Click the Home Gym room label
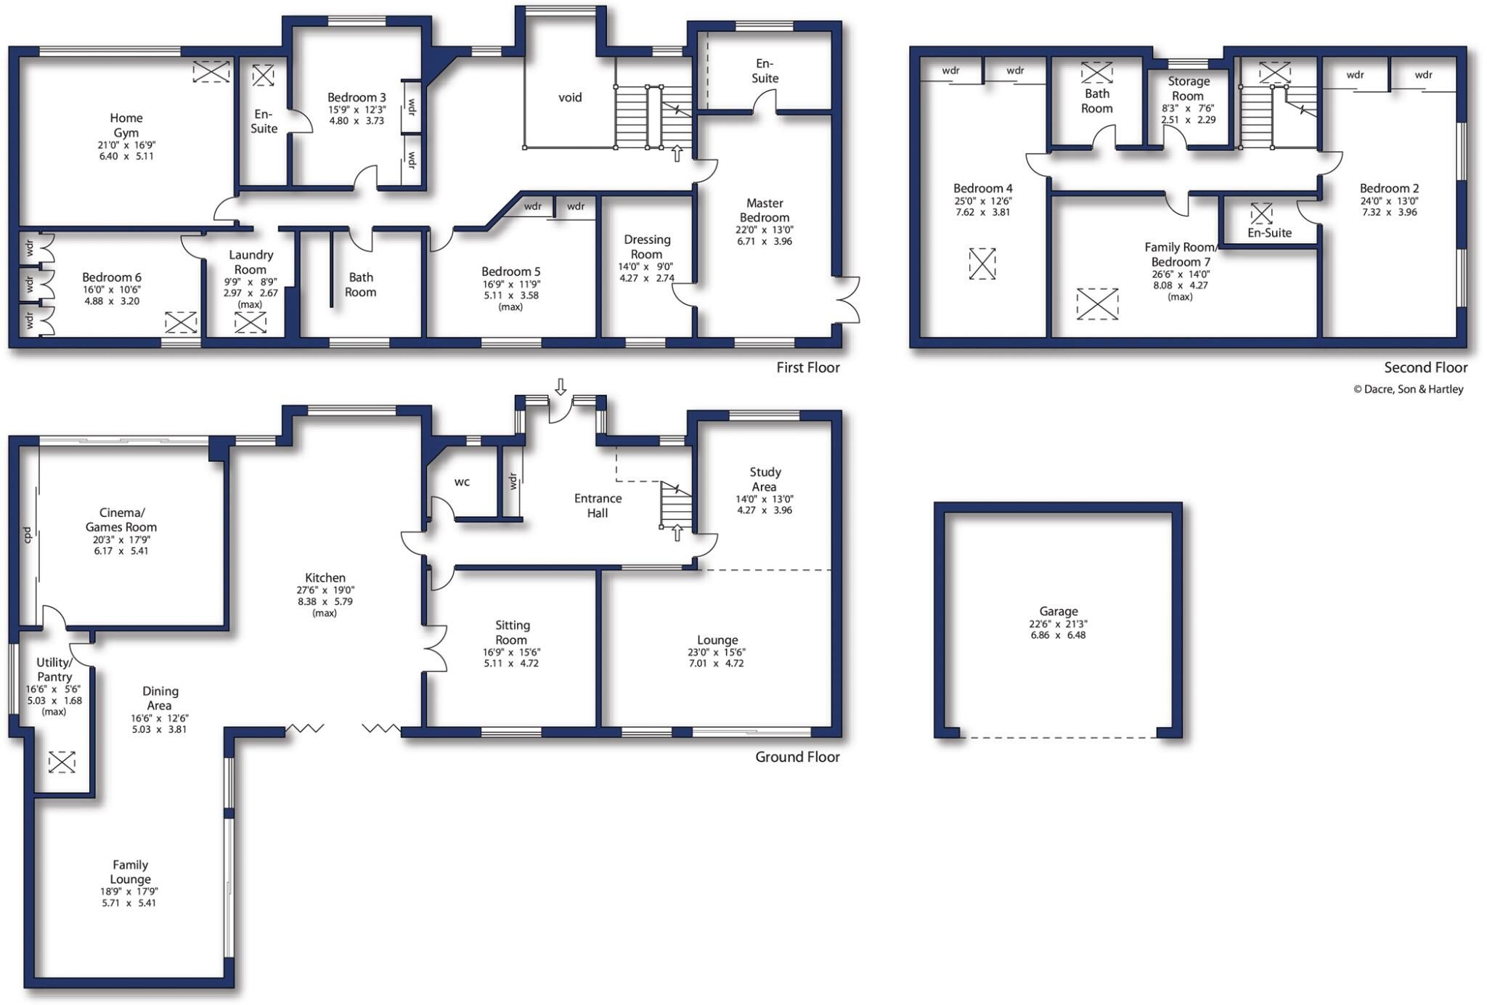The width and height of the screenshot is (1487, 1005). point(126,125)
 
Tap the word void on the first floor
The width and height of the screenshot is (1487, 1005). point(570,97)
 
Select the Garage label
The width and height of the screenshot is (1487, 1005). point(1058,611)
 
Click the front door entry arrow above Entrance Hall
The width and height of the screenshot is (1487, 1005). point(561,386)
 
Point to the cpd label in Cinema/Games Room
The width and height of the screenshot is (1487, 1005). point(28,535)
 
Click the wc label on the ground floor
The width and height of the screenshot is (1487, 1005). point(462,481)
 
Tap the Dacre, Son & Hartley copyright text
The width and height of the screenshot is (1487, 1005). point(1409,389)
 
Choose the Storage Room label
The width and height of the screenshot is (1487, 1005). point(1188,89)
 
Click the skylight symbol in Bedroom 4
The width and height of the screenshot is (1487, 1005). point(982,264)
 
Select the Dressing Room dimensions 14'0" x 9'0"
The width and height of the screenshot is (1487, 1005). point(645,266)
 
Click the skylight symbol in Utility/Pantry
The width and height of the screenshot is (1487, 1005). point(62,762)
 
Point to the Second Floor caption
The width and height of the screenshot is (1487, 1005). point(1425,367)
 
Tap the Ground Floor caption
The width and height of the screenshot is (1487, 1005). point(797,757)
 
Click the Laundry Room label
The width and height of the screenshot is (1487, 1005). point(250,262)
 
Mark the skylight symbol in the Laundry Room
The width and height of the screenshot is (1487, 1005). point(250,322)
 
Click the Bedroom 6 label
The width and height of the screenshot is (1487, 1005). point(112,277)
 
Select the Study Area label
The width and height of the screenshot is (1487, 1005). point(765,479)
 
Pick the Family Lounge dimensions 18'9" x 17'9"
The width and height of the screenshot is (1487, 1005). point(129,892)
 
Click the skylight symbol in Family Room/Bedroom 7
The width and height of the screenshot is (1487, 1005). point(1097,304)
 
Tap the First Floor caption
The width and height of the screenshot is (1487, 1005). point(808,367)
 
